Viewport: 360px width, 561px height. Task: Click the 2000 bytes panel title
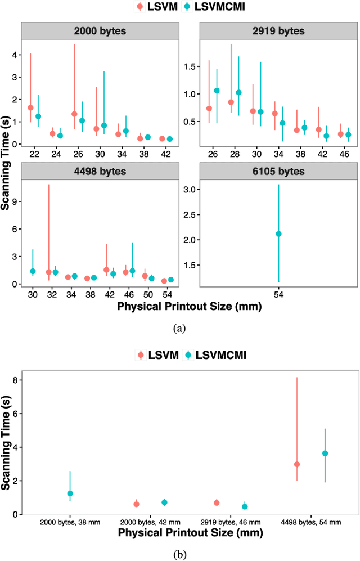99,31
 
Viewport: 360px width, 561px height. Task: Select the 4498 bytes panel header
99,172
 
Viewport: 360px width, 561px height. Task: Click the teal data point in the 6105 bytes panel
278,234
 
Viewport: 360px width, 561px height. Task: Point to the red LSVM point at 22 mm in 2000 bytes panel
30,107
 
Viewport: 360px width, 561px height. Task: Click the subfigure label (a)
179,327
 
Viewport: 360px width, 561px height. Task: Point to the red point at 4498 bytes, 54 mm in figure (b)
297,464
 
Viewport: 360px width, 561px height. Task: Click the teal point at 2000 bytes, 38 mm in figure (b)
70,493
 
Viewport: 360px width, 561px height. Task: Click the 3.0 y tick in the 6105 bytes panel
191,190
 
